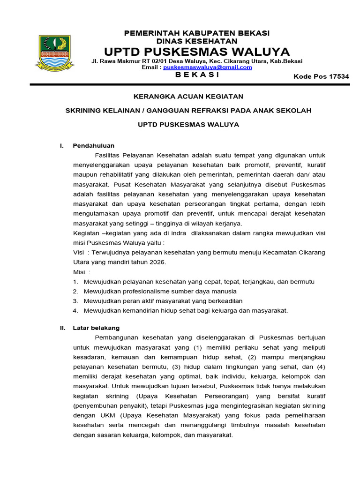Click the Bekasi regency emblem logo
click(55, 53)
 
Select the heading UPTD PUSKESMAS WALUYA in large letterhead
click(197, 51)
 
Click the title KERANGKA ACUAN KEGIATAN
click(188, 96)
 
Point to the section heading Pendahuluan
click(94, 146)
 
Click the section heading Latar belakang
click(96, 328)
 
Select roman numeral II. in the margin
click(62, 328)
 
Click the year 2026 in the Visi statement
click(158, 262)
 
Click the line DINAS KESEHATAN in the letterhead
click(196, 41)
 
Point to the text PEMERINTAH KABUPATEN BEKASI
click(196, 33)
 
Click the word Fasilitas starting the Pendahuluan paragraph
click(107, 155)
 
